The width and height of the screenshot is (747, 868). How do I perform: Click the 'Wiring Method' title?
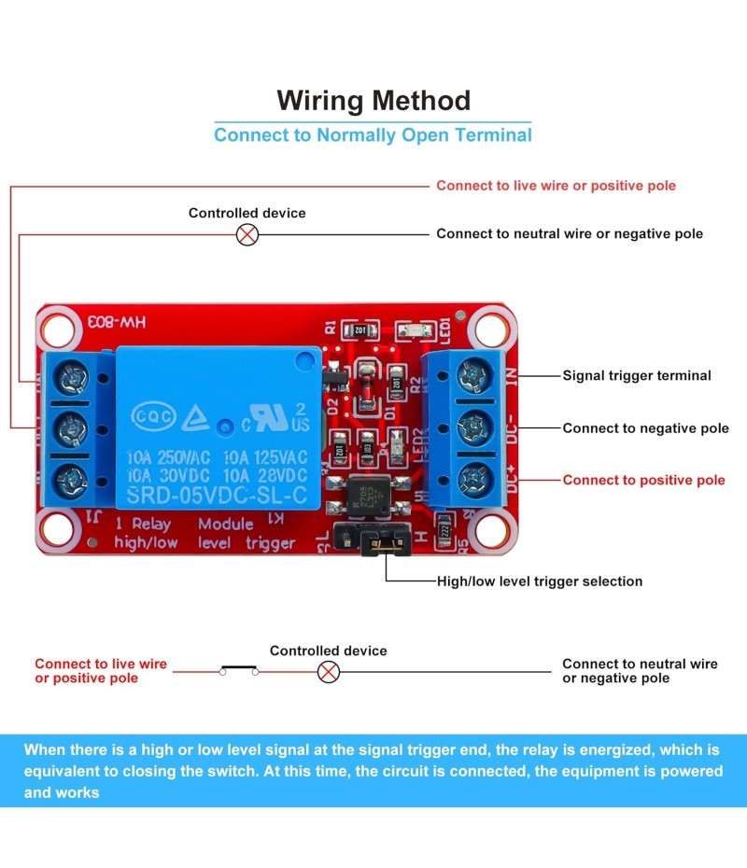click(373, 100)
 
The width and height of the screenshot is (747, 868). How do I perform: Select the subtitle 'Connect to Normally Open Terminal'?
click(373, 135)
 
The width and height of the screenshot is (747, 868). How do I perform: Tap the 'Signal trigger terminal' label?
click(636, 376)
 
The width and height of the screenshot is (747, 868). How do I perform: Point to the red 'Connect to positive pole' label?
click(643, 481)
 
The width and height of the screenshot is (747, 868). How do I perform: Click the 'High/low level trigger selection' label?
click(540, 581)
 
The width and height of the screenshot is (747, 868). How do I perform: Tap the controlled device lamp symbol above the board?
click(247, 234)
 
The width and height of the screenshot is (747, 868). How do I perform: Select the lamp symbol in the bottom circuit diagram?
click(329, 671)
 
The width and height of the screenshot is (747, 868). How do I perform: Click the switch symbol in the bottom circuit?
click(239, 669)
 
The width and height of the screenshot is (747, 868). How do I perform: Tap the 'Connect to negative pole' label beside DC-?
click(645, 428)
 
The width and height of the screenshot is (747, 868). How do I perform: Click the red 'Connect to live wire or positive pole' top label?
click(556, 186)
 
